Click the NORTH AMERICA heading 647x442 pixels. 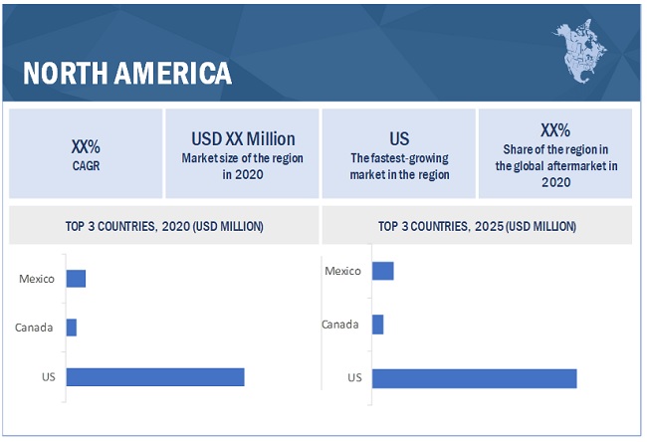pos(127,73)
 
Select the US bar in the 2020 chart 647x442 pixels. pos(155,376)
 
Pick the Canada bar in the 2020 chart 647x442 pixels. pos(72,327)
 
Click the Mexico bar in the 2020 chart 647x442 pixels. pos(77,278)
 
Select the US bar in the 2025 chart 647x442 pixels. pos(474,377)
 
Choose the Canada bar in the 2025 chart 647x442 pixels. pos(378,325)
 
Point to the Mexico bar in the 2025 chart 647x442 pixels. pos(383,271)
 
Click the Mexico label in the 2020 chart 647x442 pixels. pos(38,278)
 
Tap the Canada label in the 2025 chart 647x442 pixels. pos(340,324)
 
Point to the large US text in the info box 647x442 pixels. pos(399,138)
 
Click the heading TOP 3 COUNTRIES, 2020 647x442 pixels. pos(163,226)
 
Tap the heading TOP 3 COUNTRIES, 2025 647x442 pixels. pos(476,226)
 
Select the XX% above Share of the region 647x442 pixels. pos(554,129)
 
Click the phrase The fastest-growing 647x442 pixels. pos(399,157)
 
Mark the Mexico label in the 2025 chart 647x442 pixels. pos(343,270)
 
